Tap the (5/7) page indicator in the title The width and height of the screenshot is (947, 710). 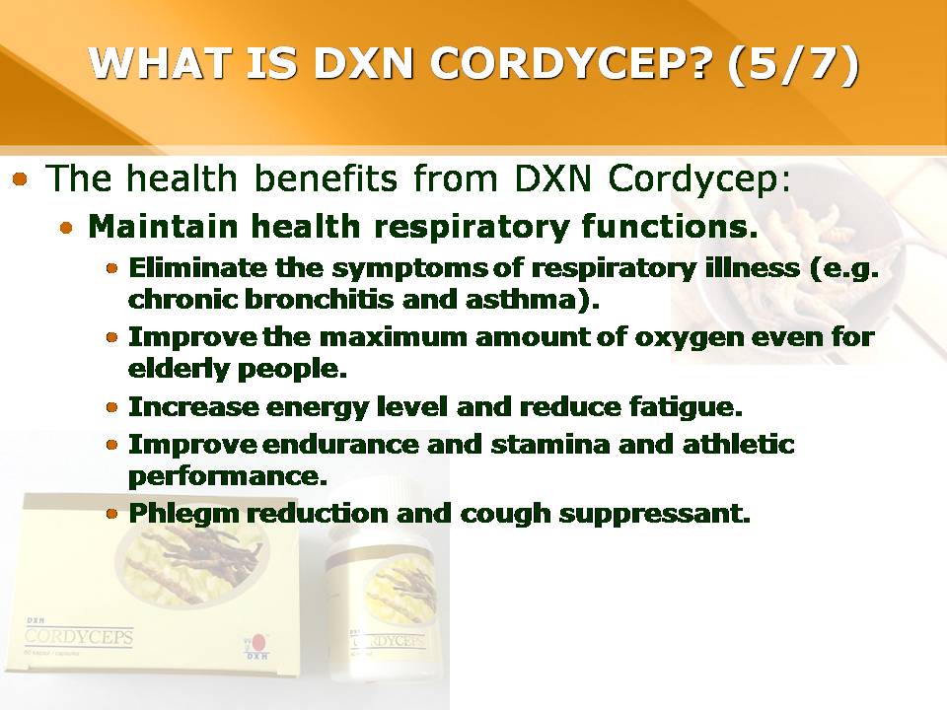click(x=792, y=64)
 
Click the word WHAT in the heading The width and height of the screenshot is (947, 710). click(x=162, y=62)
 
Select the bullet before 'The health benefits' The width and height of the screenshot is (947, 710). click(x=21, y=179)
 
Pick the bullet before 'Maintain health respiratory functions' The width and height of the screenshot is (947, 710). click(x=67, y=228)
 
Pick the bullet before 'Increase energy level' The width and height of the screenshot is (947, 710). click(x=111, y=407)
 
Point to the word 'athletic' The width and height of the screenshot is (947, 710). click(x=739, y=445)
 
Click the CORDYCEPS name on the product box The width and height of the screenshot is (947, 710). click(x=79, y=638)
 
